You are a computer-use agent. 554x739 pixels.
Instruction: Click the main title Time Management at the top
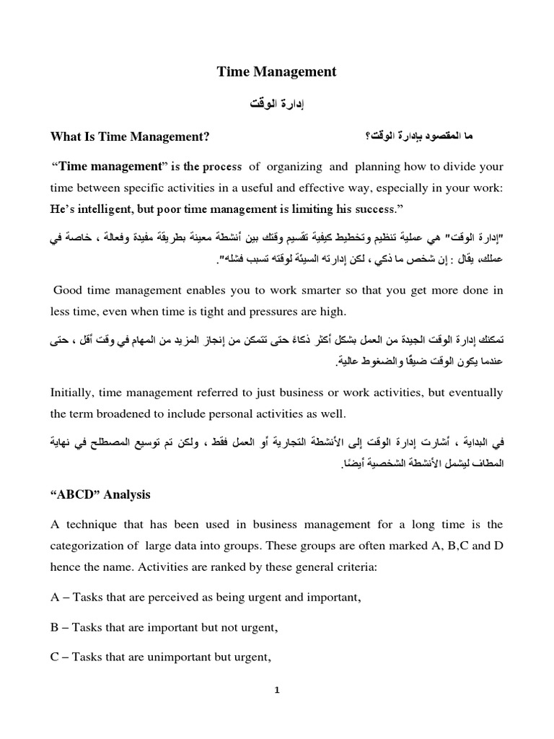(x=277, y=71)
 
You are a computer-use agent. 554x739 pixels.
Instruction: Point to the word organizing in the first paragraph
(x=294, y=167)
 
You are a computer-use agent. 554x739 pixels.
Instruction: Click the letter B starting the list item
(x=54, y=627)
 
